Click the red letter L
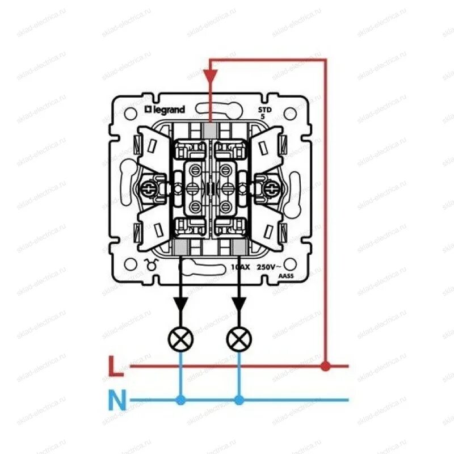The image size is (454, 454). tap(115, 367)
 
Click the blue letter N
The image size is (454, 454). tap(116, 401)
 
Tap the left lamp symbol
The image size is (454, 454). tap(181, 339)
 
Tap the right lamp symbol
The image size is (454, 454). tap(238, 339)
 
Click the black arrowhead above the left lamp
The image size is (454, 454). tap(181, 303)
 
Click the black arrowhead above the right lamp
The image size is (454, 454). tap(238, 303)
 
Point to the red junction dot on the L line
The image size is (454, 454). tap(325, 367)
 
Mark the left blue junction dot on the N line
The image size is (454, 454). tap(181, 401)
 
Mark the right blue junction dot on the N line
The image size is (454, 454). tap(238, 401)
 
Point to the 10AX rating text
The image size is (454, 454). tap(241, 267)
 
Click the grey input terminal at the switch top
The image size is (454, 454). tap(211, 130)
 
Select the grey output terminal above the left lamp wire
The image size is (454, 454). tap(182, 247)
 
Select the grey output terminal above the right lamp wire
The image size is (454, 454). tap(238, 247)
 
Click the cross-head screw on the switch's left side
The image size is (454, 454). tap(152, 187)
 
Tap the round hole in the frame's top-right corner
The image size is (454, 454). tap(290, 113)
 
